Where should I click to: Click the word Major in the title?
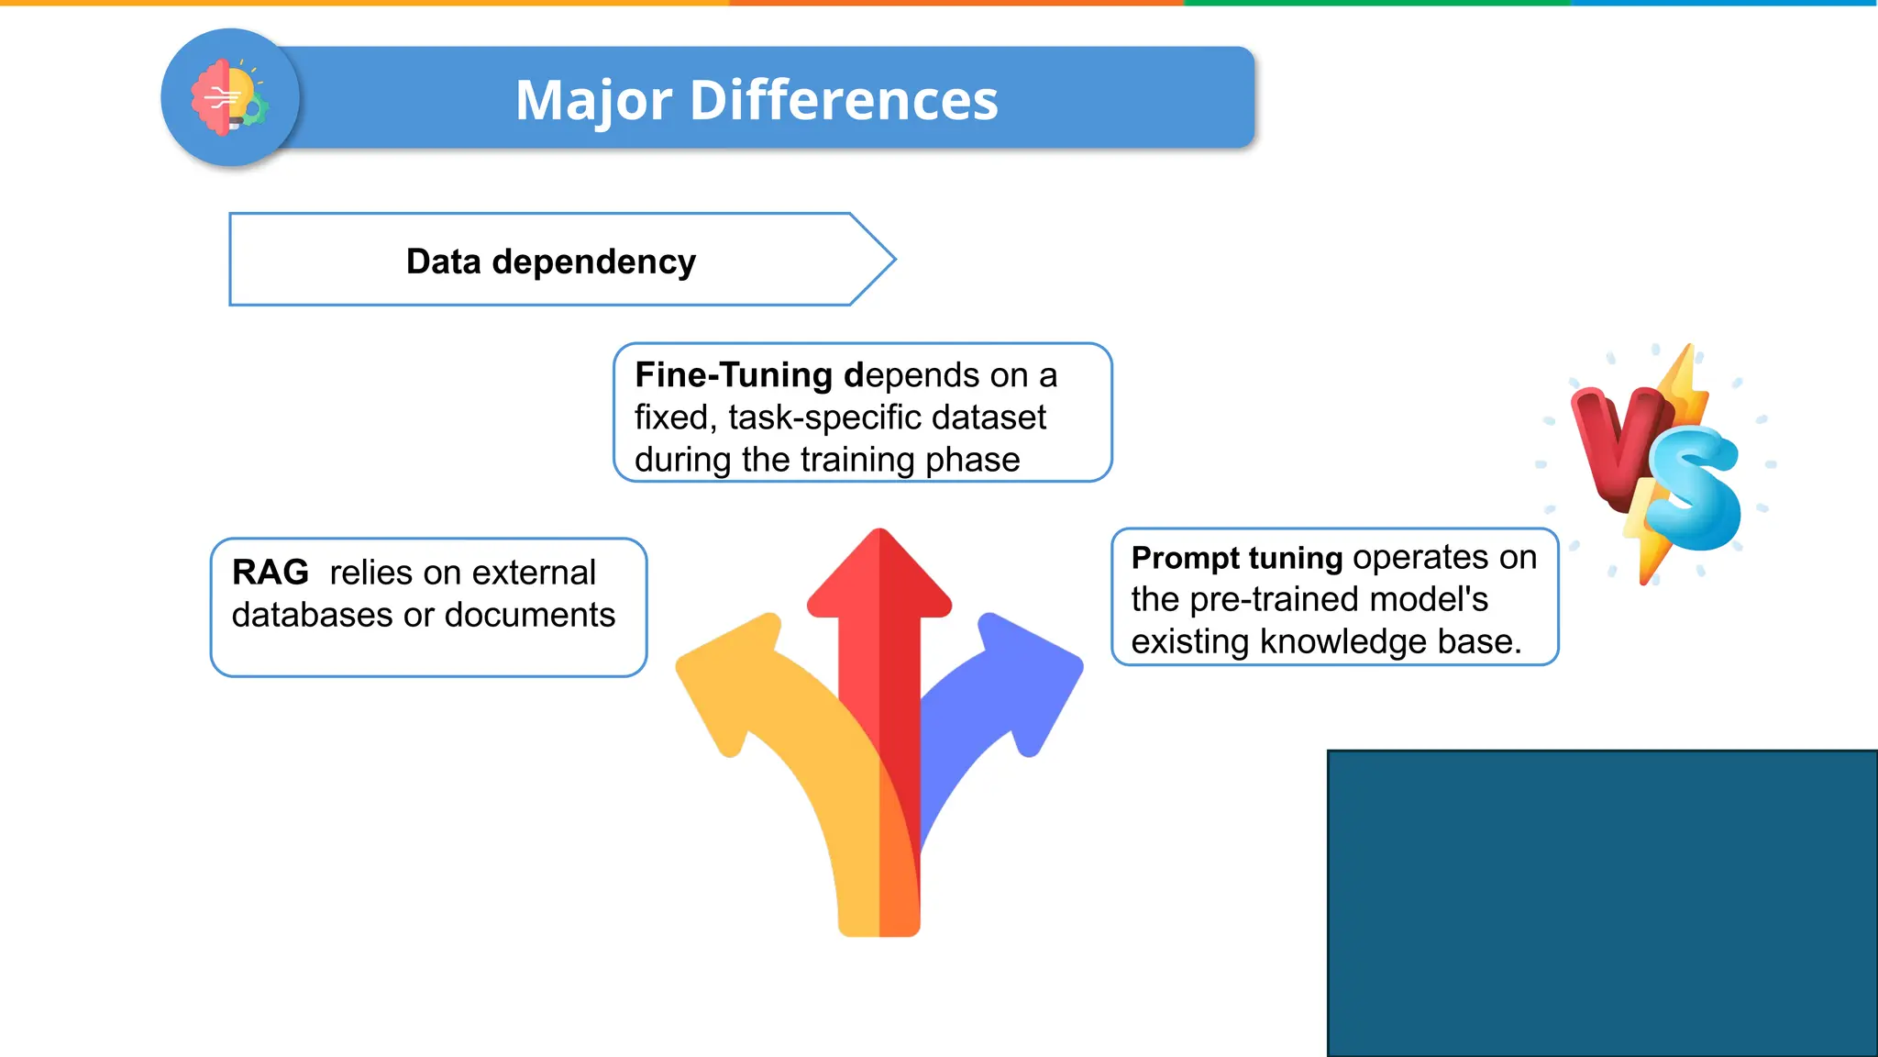593,100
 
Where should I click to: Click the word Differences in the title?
843,100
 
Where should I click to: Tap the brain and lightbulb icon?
229,97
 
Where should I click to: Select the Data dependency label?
550,261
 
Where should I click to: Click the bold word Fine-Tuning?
733,375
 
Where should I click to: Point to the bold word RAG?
271,573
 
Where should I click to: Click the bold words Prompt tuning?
1236,558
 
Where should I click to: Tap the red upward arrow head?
879,573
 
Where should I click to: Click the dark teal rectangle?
1602,903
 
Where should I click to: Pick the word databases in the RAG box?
318,615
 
